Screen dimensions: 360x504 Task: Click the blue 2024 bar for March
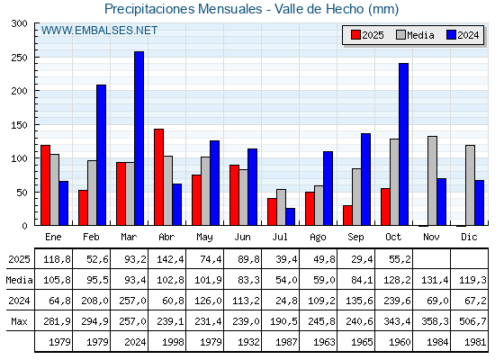coord(139,139)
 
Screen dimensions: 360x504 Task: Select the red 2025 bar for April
coord(158,177)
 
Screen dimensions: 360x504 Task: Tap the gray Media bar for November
coord(432,181)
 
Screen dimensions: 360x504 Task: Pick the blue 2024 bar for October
coord(403,144)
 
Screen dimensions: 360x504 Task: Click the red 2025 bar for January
coord(45,185)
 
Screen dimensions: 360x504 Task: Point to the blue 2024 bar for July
coord(290,217)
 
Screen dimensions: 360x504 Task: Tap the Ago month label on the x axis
coord(318,236)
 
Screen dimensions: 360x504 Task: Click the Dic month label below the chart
coord(469,236)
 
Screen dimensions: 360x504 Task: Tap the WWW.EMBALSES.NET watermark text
coord(99,31)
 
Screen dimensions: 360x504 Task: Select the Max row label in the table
coord(17,321)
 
